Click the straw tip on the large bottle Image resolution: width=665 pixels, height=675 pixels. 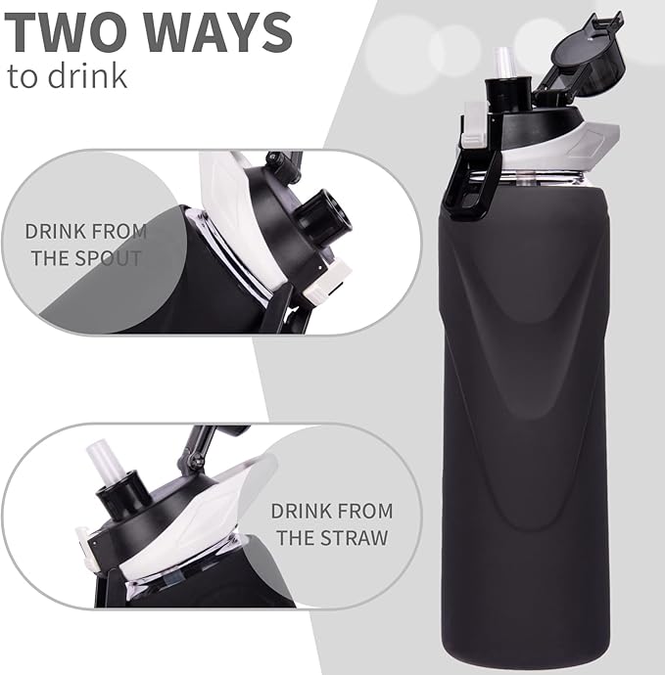click(504, 61)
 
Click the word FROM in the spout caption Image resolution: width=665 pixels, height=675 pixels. click(119, 233)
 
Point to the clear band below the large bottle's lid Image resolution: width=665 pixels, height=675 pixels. click(548, 176)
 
